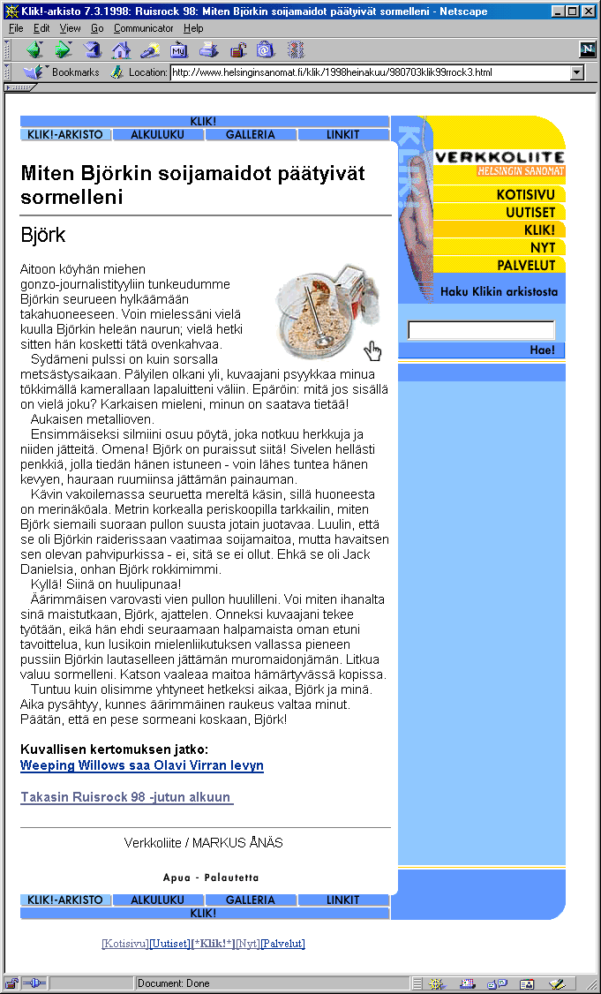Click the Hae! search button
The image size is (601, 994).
pyautogui.click(x=542, y=350)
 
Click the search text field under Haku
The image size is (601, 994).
pyautogui.click(x=481, y=330)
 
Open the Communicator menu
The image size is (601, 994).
pyautogui.click(x=143, y=28)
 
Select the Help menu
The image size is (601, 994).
pyautogui.click(x=193, y=28)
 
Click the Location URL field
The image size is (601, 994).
pyautogui.click(x=371, y=72)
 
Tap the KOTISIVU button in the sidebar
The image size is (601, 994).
pyautogui.click(x=525, y=195)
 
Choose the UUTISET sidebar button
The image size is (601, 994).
pyautogui.click(x=530, y=213)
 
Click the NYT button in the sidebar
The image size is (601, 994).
pyautogui.click(x=542, y=248)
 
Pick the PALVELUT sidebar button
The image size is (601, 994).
pyautogui.click(x=526, y=265)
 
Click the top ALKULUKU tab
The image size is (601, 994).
pyautogui.click(x=158, y=135)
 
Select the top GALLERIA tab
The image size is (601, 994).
pyautogui.click(x=251, y=135)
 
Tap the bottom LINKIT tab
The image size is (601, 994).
pyautogui.click(x=342, y=900)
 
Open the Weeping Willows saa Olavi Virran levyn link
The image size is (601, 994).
pyautogui.click(x=141, y=765)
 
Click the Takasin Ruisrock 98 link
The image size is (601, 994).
pyautogui.click(x=126, y=798)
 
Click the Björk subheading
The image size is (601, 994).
pyautogui.click(x=42, y=236)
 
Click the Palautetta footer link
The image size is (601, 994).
pyautogui.click(x=231, y=878)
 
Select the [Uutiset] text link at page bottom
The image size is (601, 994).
pyautogui.click(x=169, y=944)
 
